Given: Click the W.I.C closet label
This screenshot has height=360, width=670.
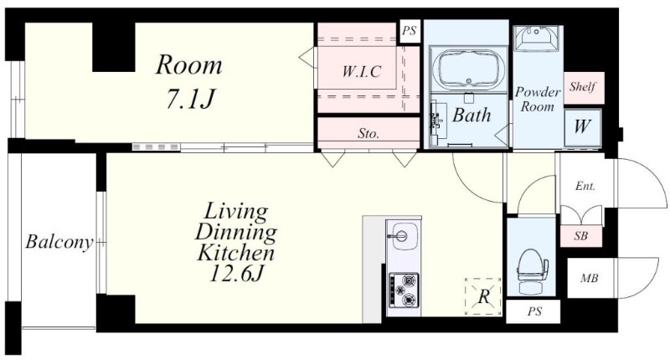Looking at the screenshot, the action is pos(361,71).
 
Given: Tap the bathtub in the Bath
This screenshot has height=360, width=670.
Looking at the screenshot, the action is pos(468,69).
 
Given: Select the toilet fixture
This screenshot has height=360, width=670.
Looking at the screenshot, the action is pos(531,270).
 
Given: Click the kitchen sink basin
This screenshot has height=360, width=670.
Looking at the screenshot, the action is pos(404,236).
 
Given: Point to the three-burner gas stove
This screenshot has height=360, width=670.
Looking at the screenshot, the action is pos(404,291).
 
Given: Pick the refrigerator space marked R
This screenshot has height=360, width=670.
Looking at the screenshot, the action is pos(483,296).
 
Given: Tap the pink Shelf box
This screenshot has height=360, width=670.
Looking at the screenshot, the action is pos(584,87).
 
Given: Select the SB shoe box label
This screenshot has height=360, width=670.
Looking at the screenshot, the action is pos(580,235).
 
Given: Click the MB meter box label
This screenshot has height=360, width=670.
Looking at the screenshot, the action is pos(589,279).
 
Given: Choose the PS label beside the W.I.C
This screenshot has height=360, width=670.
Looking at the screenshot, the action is pos(410,31).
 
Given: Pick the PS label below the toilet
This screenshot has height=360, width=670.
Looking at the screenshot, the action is pos(534,311).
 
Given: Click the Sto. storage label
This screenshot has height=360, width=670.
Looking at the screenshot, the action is pos(368,134).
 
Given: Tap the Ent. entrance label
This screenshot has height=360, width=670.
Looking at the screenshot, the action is pos(585,186).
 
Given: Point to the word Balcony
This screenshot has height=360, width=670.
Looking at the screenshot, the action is pos(59,242).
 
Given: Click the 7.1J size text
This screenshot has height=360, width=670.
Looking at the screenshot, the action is pos(190,100).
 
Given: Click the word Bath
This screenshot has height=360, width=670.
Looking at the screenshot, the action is pos(472,116).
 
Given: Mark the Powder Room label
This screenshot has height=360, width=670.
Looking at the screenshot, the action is pos(537,99).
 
